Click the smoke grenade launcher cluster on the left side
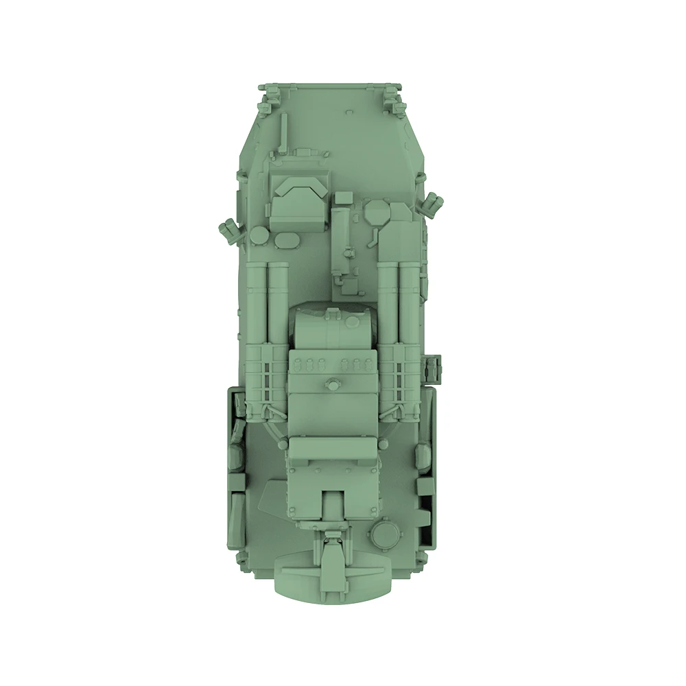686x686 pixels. [230, 231]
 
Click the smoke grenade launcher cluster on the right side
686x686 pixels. [434, 202]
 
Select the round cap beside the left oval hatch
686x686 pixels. [259, 237]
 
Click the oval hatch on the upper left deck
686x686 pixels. [287, 240]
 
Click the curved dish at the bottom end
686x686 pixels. [332, 576]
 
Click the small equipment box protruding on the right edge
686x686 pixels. [434, 370]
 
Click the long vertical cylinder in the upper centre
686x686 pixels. [341, 240]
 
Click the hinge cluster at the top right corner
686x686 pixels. [394, 99]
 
